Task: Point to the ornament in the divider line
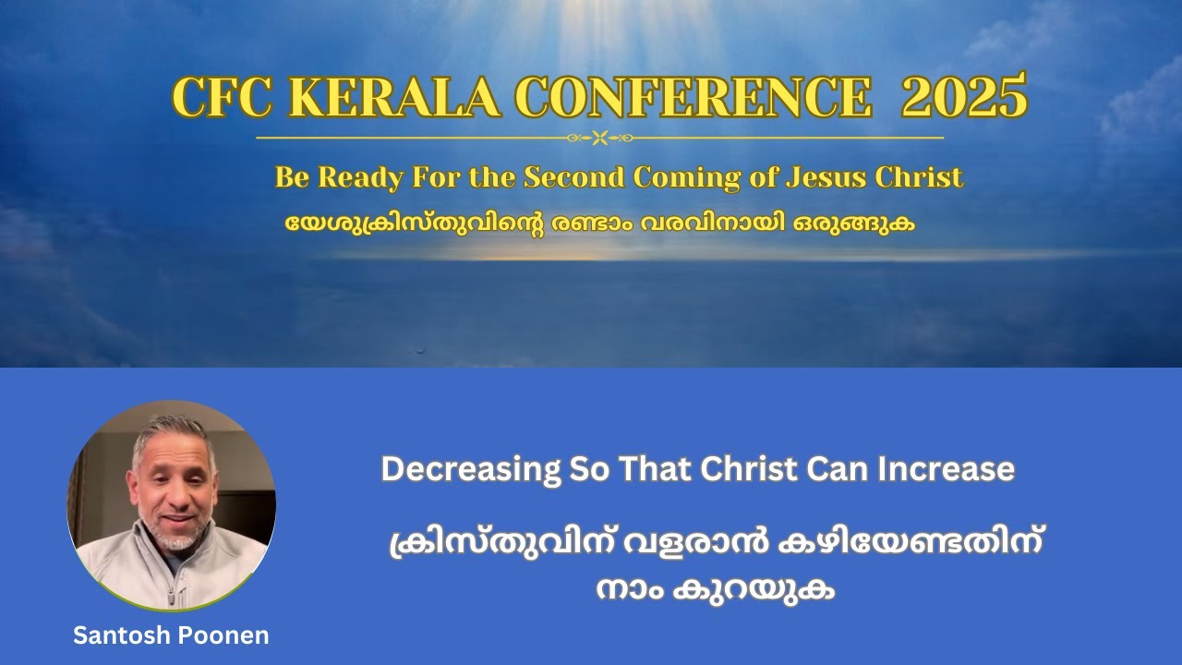[599, 139]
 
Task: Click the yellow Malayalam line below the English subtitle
[599, 224]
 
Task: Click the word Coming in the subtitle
[711, 176]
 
